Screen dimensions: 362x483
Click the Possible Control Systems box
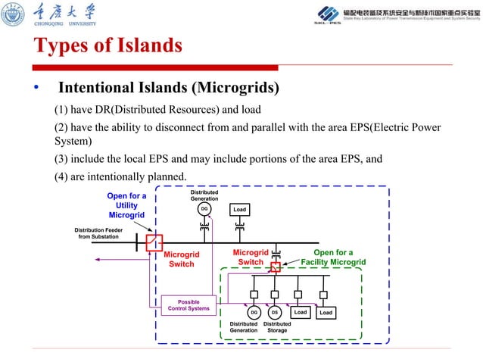pos(189,305)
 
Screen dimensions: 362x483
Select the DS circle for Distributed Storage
pos(276,312)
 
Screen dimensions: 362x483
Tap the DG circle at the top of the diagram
pos(204,209)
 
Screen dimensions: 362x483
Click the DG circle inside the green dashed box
pos(254,312)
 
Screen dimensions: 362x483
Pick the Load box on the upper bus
pos(240,209)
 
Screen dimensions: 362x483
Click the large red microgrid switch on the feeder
pos(154,242)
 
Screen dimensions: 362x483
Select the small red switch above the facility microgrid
pos(276,266)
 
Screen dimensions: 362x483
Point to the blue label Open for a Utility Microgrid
pos(126,205)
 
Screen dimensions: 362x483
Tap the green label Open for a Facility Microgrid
pos(333,257)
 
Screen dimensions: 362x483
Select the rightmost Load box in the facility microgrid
pos(326,312)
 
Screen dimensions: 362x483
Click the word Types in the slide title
pos(60,46)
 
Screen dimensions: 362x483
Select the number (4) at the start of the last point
pos(63,176)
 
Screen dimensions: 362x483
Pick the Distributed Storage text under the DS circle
pos(277,326)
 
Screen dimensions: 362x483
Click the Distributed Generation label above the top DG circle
pos(204,195)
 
